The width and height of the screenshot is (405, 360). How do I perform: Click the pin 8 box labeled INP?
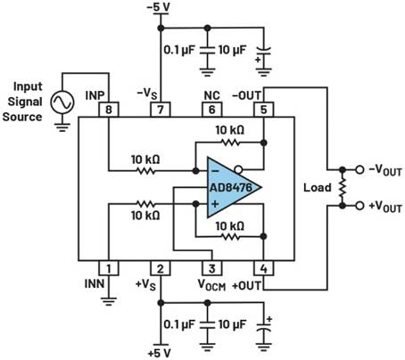point(109,110)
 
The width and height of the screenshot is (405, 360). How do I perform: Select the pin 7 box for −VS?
point(161,110)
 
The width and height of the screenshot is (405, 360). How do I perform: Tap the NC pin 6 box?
point(212,110)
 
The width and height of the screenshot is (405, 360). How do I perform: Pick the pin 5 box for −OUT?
point(264,110)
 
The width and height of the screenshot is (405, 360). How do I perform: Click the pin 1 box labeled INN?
point(109,268)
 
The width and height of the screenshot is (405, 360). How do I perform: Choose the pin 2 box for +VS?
point(161,268)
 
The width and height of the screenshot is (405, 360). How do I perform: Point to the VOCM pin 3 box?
point(212,268)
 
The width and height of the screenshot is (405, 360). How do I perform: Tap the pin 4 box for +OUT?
point(264,268)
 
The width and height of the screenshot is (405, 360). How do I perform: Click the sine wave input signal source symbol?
point(62,102)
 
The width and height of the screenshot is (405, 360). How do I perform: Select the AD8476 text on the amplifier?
point(231,188)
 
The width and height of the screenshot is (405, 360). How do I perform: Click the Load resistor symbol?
point(343,188)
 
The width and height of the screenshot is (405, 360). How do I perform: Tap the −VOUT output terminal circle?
point(360,170)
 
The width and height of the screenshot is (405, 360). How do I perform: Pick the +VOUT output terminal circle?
point(360,206)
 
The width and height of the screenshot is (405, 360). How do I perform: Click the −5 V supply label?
point(159,7)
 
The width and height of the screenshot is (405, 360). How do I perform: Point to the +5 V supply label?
point(160,353)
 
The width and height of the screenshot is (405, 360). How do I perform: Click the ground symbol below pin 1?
point(109,301)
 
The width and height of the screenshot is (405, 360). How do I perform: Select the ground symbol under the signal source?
point(62,127)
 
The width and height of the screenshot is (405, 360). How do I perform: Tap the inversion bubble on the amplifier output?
point(238,170)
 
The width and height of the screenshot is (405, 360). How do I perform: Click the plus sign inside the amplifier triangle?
point(215,204)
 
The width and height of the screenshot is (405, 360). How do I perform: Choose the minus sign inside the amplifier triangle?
point(215,171)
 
